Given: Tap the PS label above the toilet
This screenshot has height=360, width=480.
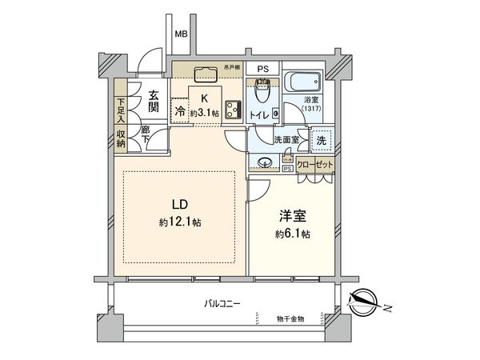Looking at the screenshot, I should (262, 69).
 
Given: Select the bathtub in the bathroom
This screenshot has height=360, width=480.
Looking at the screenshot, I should (302, 83).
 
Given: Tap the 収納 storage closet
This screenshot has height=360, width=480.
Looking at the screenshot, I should (120, 141).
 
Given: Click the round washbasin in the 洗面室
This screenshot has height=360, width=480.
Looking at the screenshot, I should (267, 164).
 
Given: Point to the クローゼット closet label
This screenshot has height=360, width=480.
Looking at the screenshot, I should (315, 163).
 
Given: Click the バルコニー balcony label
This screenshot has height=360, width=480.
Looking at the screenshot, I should (222, 303).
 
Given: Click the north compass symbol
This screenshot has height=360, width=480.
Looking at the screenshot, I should (367, 302).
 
